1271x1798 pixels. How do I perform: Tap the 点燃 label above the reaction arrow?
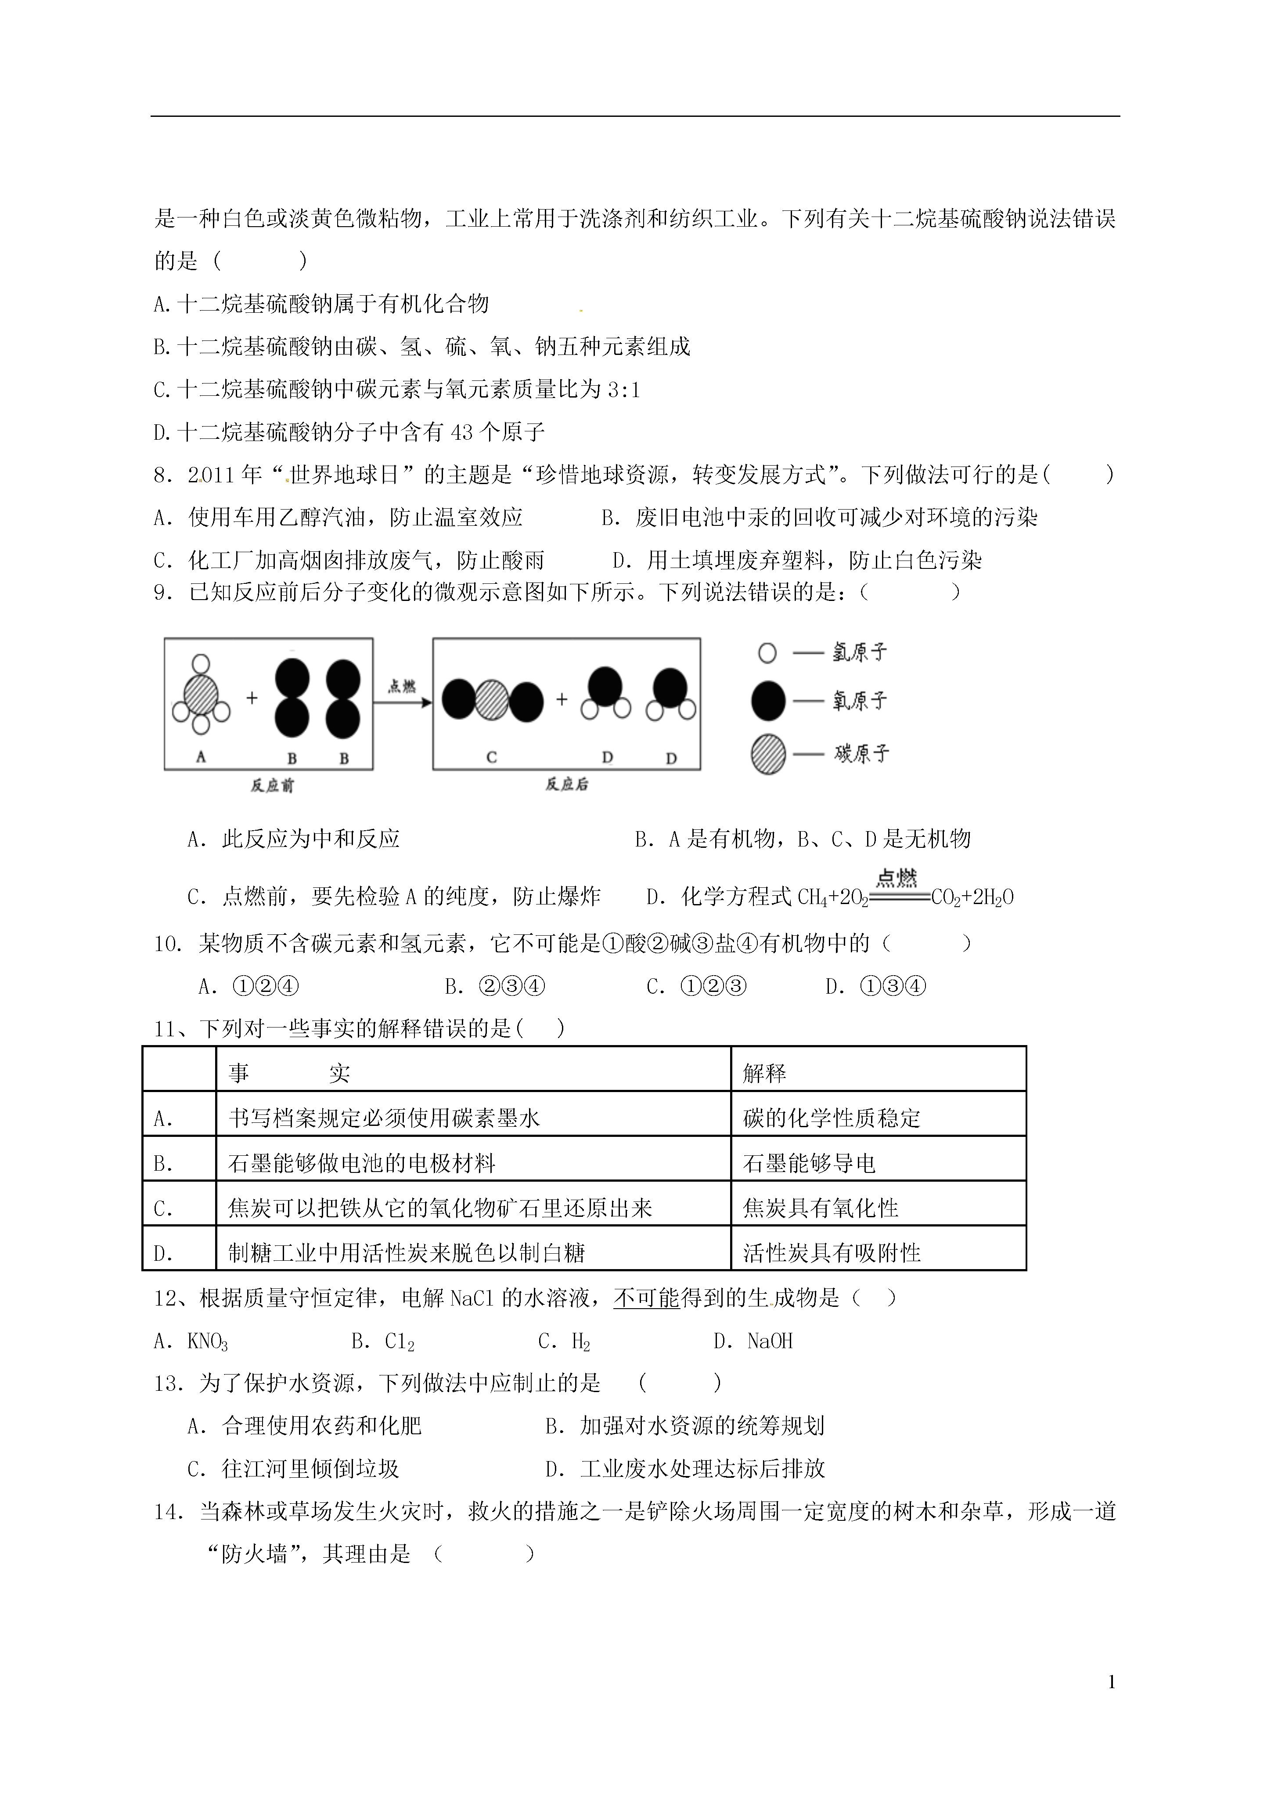click(402, 686)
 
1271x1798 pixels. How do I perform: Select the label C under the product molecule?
click(491, 757)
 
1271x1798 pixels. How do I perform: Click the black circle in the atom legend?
click(768, 700)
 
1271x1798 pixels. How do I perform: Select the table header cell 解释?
click(765, 1073)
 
